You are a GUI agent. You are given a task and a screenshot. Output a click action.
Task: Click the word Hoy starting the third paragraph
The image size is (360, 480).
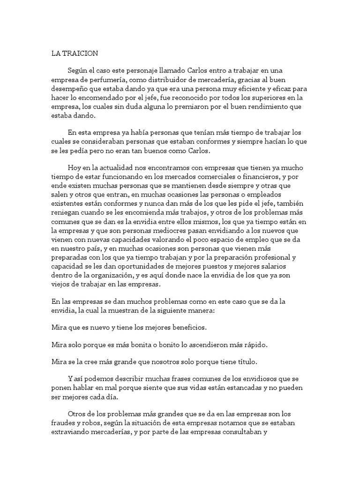75,168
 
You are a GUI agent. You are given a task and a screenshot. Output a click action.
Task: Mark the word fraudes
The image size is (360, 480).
63,423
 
